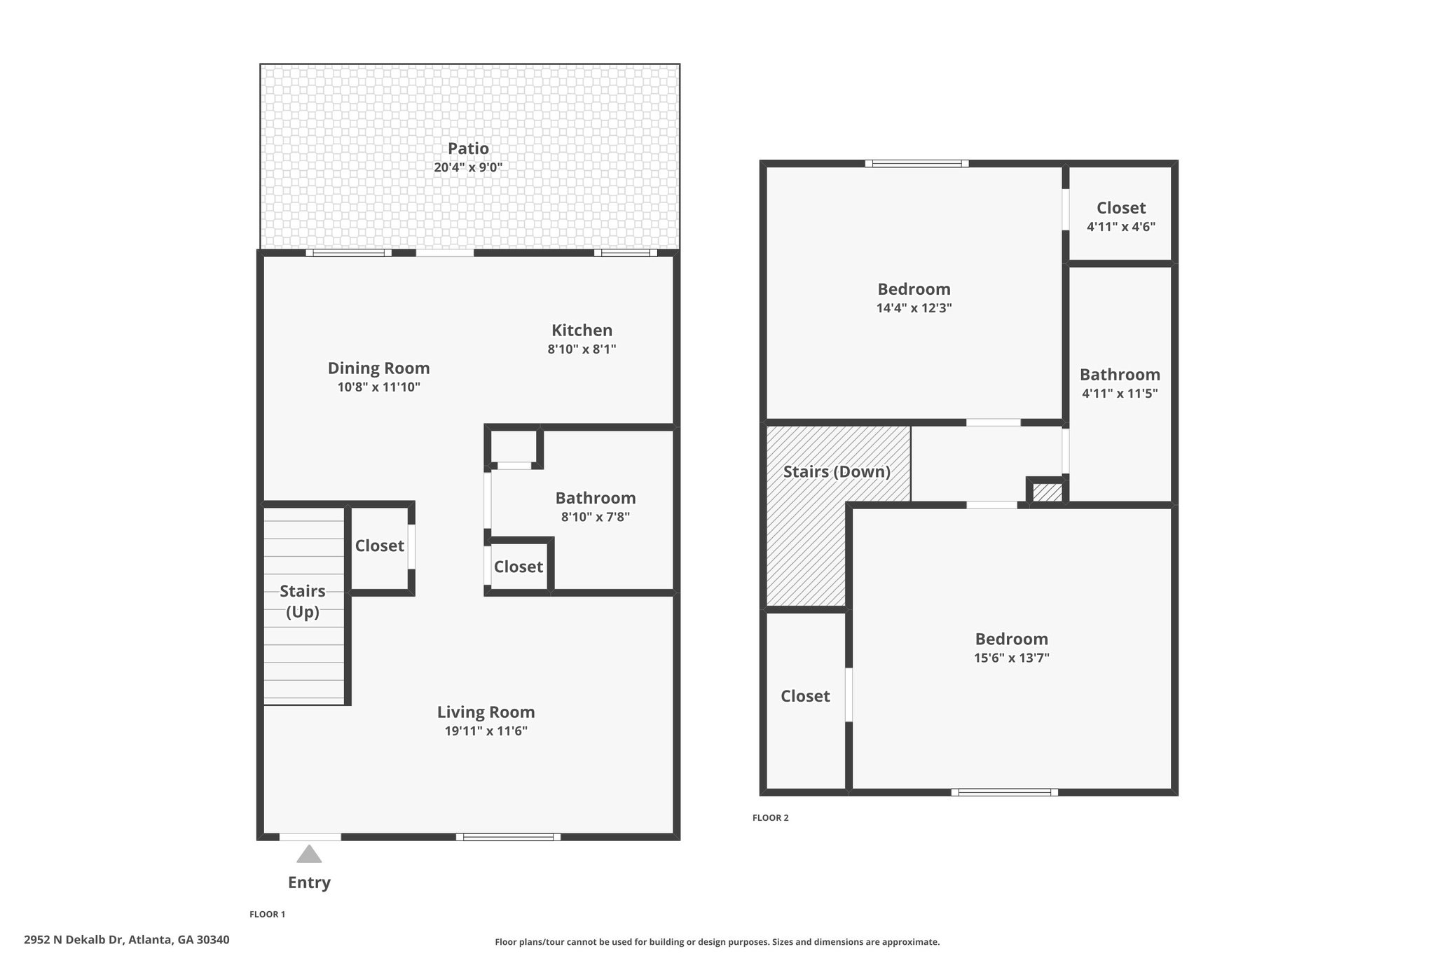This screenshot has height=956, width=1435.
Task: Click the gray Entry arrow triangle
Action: coord(309,854)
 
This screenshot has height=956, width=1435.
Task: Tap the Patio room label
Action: coord(469,148)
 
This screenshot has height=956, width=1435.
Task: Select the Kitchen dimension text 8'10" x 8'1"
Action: coord(582,349)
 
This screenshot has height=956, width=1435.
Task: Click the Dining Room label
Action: coord(379,368)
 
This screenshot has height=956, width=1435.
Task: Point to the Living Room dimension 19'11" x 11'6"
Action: coord(486,731)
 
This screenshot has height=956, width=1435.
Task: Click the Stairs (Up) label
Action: coord(303,602)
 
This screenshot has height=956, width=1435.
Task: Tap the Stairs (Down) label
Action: coord(837,472)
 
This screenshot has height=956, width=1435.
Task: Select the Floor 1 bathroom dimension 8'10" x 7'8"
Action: coord(596,517)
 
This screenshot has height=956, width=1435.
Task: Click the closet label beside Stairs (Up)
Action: coord(380,546)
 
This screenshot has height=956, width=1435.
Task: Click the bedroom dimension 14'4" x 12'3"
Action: coord(914,307)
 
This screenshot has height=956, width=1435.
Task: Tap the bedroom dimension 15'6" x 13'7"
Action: coord(1012,658)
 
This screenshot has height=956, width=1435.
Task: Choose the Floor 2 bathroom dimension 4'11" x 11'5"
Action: coord(1120,394)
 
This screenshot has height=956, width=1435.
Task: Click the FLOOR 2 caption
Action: coord(771,818)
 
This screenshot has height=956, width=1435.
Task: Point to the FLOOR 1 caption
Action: coord(268,914)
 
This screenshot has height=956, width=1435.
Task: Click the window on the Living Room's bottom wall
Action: coord(508,837)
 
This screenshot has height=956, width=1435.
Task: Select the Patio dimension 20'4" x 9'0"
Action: coord(469,167)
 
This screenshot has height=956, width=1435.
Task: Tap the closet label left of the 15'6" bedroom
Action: coord(805,696)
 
